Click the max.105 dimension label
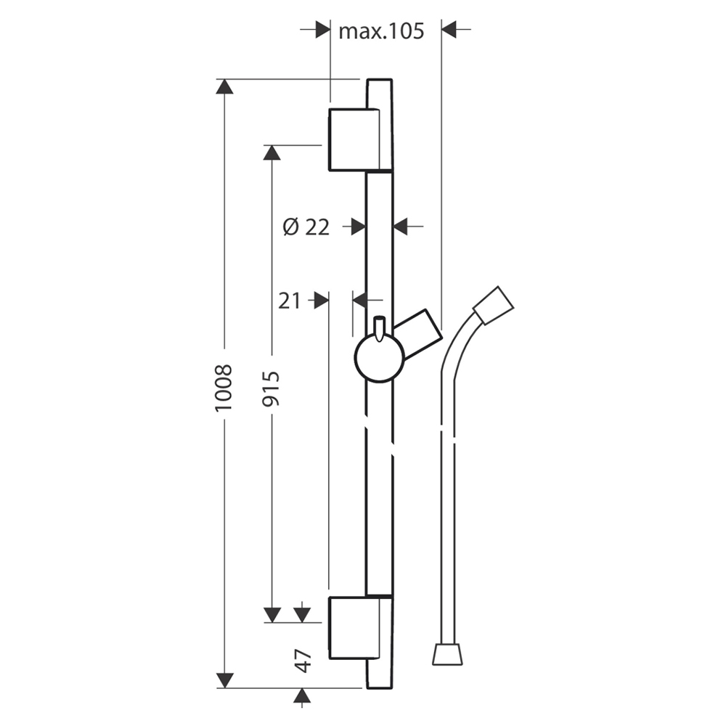coord(381,31)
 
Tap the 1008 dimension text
coord(224,387)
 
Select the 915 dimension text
coord(271,388)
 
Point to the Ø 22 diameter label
coord(306,227)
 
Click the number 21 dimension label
coord(290,301)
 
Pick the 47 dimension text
coord(303,661)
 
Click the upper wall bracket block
coord(354,139)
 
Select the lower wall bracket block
coord(354,628)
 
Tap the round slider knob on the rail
coord(380,359)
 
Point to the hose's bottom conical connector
coord(447,654)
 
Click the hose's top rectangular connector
coord(493,305)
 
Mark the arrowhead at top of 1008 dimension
coord(224,86)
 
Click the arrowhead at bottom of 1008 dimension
coord(225,681)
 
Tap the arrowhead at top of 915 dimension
coord(272,152)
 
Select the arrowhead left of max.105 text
coord(323,29)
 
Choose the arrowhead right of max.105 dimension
coord(449,29)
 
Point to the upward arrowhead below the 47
coord(302,696)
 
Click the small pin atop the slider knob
coord(380,329)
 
